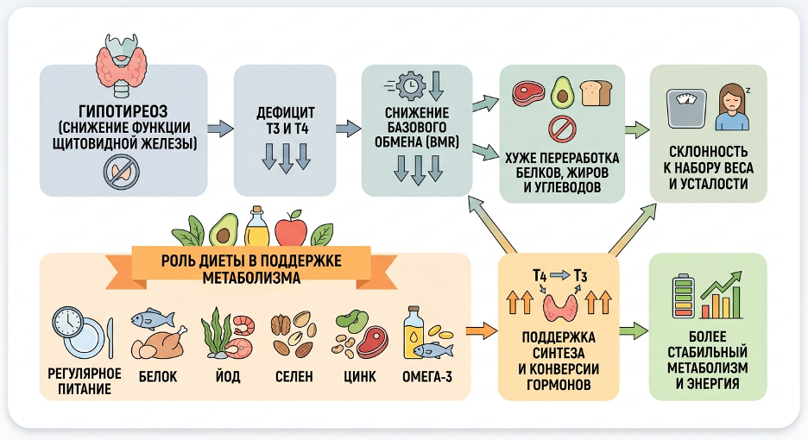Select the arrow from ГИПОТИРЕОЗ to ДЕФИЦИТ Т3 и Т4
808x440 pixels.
point(220,129)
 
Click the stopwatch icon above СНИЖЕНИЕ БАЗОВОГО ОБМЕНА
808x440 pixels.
point(411,85)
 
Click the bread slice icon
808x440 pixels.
point(595,92)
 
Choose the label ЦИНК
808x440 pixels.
point(357,376)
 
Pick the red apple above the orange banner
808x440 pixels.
point(291,228)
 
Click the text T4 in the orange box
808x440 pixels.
point(540,275)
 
